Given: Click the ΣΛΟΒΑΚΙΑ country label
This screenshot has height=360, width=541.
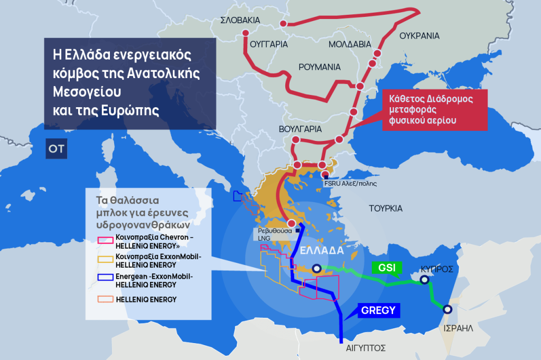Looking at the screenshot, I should pos(240,20).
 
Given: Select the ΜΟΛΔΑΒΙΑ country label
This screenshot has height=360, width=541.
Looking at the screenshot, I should pos(350,44).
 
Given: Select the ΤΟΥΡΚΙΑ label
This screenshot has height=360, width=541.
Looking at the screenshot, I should pos(386,208).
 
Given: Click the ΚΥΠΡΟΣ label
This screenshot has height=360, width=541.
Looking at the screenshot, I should pos(436,269).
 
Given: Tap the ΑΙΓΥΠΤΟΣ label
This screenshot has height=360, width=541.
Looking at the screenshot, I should pos(362,348).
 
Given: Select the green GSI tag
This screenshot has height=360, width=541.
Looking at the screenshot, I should pos(387,267).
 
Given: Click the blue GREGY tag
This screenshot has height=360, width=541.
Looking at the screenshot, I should pos(378,310).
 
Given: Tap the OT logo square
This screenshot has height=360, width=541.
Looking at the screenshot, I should pos(56,149).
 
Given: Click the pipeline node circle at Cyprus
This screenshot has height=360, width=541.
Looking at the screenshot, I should pos(424,280).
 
